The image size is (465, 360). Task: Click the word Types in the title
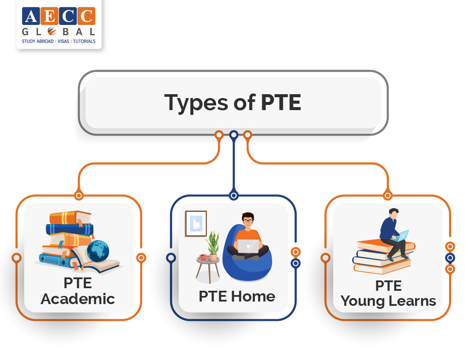tap(196, 102)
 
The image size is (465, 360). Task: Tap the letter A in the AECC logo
tap(31, 16)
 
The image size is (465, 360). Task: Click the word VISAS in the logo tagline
tap(63, 41)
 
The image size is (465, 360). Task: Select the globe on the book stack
tap(98, 251)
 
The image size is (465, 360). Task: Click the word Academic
tap(77, 298)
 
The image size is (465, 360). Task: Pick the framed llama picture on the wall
tap(196, 223)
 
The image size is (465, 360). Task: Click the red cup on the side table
tap(203, 257)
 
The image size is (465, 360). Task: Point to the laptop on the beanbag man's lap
tap(248, 246)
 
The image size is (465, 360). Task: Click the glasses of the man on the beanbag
tap(248, 221)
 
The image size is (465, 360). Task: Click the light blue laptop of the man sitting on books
tap(403, 236)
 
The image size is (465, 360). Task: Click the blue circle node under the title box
tap(234, 135)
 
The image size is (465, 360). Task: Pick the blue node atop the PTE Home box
tap(234, 196)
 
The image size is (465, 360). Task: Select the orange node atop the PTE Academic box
tap(79, 196)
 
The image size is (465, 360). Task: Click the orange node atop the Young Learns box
tap(387, 196)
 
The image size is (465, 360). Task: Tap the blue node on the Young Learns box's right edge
tap(450, 258)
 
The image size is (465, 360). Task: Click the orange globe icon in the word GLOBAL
tap(52, 31)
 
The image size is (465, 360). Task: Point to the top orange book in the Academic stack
tap(70, 217)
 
